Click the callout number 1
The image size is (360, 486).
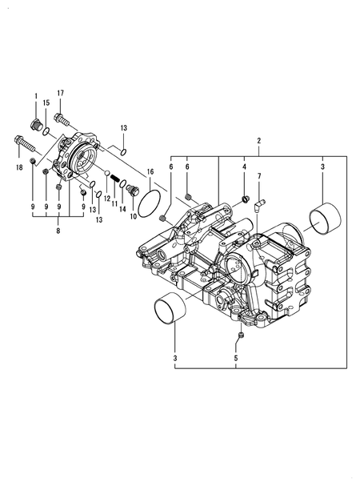pos(35,96)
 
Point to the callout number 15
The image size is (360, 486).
pos(47,102)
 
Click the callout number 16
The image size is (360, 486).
pos(150,171)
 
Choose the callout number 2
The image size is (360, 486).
pos(258,142)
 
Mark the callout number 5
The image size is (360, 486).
pos(236,359)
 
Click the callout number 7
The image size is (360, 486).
pos(259,175)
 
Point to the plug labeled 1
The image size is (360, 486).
pos(36,124)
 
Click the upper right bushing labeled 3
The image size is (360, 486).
pos(325,216)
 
